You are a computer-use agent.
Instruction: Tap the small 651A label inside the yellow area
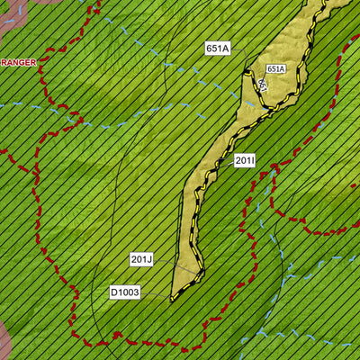(275, 68)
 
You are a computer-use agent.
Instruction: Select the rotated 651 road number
(262, 85)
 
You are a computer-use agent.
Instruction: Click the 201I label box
(245, 161)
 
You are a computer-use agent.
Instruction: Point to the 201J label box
(141, 259)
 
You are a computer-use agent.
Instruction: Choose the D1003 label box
(125, 292)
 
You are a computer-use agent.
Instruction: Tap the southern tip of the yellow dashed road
(173, 298)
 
